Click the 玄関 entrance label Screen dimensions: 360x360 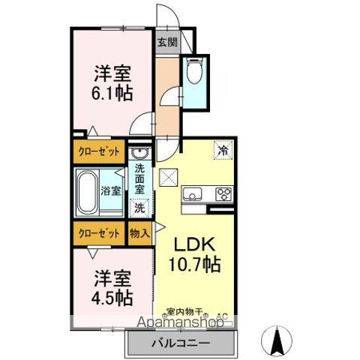point(167,42)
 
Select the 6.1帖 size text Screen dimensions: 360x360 point(113,93)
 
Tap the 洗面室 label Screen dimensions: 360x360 point(140,178)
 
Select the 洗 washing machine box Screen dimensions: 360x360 point(140,208)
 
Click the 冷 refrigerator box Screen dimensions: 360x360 point(223,149)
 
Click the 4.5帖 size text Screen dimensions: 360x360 point(112,297)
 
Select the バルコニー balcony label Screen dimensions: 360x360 point(184,343)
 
